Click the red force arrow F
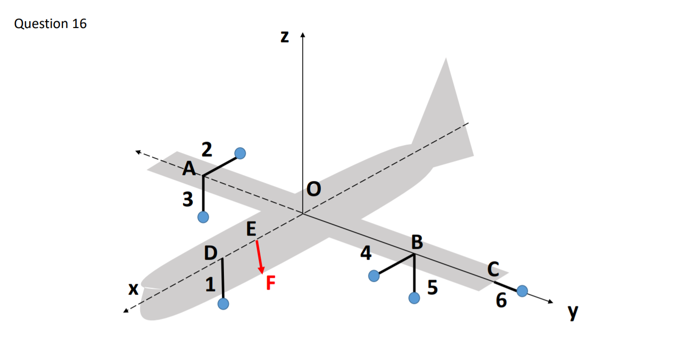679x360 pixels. point(259,256)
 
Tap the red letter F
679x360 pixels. point(271,283)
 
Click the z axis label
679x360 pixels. point(284,37)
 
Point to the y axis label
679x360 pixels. point(572,312)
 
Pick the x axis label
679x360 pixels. point(132,289)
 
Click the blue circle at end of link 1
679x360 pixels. point(223,304)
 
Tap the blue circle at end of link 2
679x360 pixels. point(240,153)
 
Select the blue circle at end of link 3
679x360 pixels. point(203,216)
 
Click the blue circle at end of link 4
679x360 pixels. point(374,276)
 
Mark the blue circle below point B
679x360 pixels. point(414,298)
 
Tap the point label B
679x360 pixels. point(417,242)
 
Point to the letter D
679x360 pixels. point(211,253)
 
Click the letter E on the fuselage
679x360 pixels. point(251,229)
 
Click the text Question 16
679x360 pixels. point(51,24)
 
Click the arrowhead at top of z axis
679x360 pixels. point(303,35)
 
